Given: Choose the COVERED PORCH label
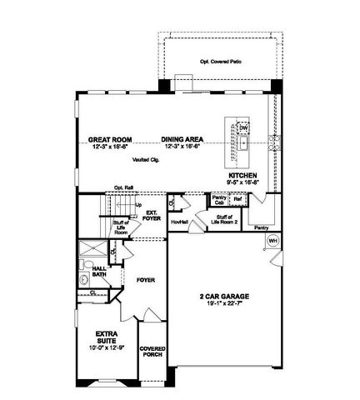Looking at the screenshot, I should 152,353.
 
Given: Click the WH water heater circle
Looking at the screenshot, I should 272,241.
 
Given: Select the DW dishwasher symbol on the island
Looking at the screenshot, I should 243,127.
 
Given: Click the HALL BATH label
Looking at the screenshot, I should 99,272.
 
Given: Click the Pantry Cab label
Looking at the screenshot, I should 219,200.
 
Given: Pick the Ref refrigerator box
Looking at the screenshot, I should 237,199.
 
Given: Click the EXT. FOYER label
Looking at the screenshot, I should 152,216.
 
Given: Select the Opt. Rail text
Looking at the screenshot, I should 123,187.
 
